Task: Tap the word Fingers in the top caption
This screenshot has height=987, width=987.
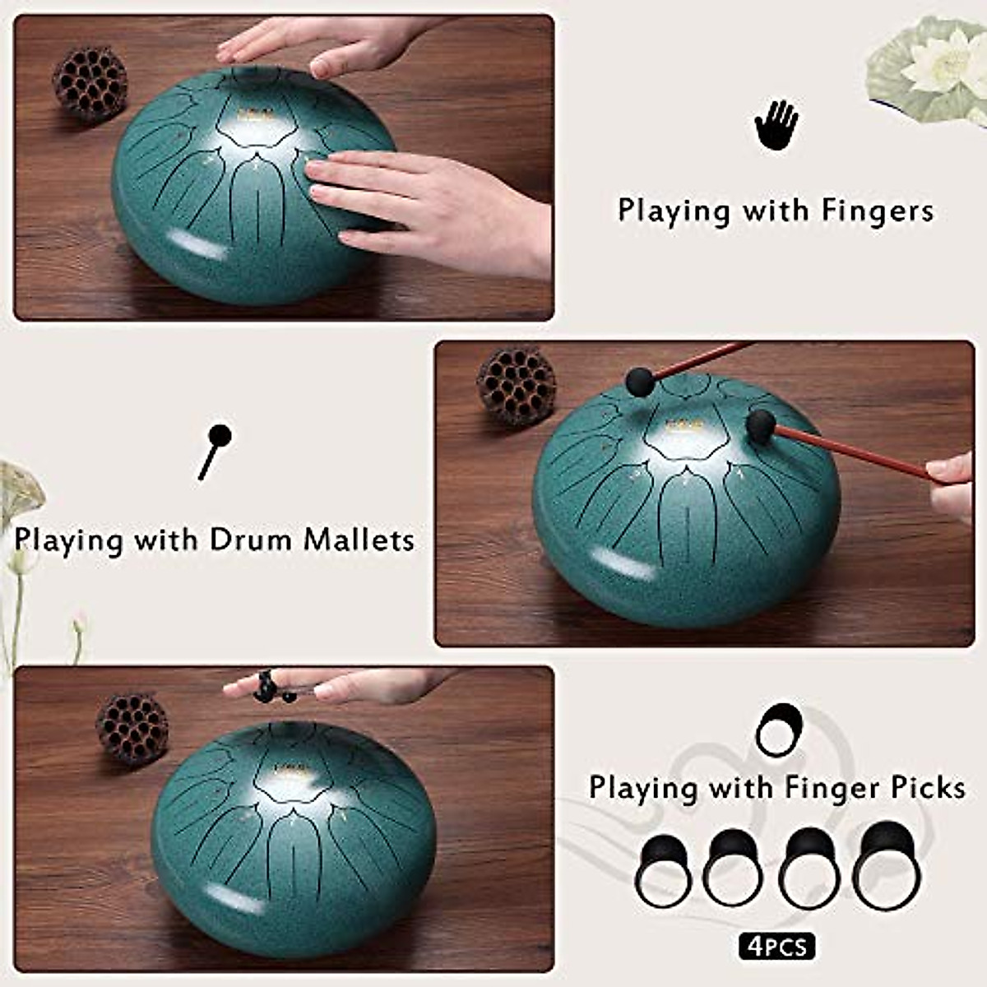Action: coord(877,211)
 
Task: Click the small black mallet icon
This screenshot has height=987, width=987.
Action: coord(215,451)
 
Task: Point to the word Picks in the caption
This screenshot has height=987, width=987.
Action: coord(929,788)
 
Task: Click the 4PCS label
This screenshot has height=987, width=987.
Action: coord(776,947)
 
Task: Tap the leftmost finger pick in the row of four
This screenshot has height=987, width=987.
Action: coord(663,871)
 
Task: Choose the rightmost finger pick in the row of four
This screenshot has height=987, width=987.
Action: coord(884,866)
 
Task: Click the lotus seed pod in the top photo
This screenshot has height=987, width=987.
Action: coord(90,84)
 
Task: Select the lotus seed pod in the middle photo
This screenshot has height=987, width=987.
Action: coord(516,386)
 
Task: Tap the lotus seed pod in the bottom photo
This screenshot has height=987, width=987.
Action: coord(132,729)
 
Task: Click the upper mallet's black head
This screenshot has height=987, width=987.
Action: coord(639,381)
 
